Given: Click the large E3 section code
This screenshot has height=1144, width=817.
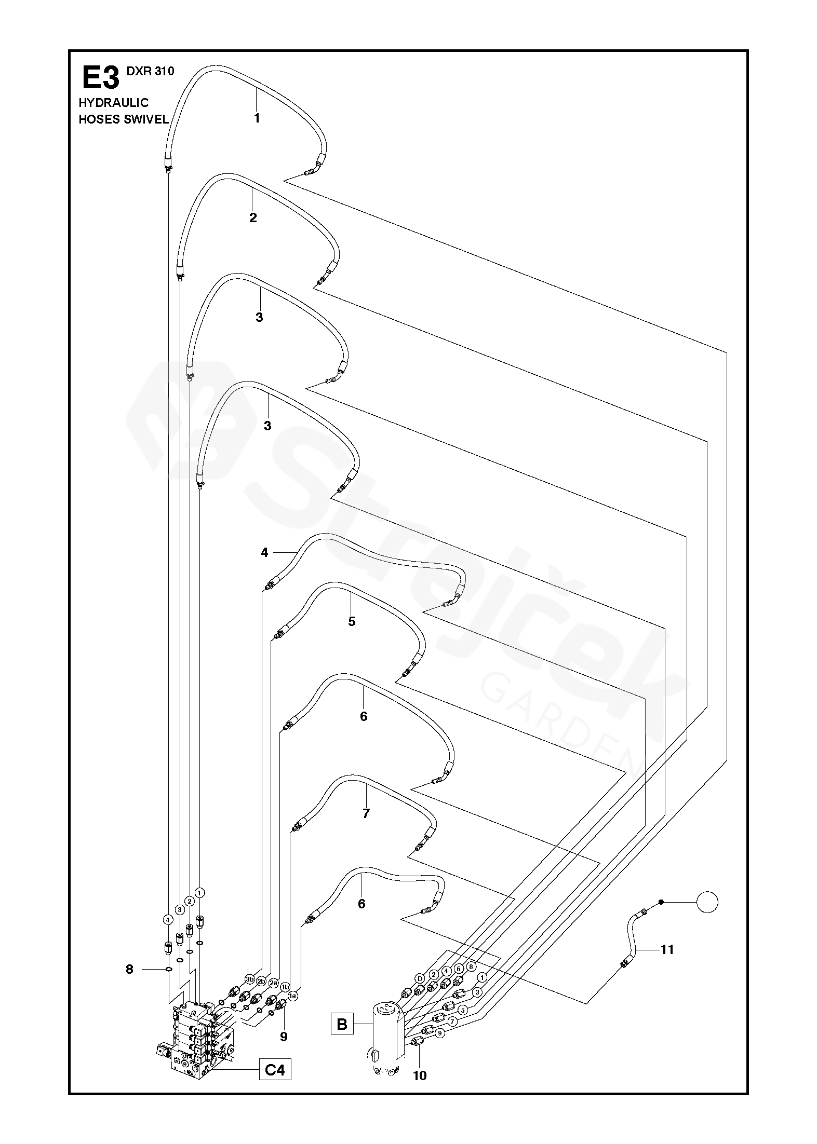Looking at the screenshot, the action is pos(100,78).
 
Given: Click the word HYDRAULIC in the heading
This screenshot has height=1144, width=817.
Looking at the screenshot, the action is pos(113,103).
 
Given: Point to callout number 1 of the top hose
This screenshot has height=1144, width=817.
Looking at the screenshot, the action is pos(257,118).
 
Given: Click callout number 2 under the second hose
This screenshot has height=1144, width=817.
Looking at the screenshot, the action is pos(253,217).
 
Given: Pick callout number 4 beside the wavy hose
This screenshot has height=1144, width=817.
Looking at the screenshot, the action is pos(264,553).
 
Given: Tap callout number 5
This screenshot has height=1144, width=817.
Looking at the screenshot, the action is pos(352,621).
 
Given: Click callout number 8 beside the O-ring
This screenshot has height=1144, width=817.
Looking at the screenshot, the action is pos(129,969).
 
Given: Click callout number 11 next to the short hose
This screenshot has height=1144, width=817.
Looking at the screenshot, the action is pos(667,949).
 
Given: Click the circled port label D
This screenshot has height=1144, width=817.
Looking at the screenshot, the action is pos(420,979).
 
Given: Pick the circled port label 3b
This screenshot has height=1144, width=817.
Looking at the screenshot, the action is pos(250,980).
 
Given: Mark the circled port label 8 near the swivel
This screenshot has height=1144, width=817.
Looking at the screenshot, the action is pos(471,966).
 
